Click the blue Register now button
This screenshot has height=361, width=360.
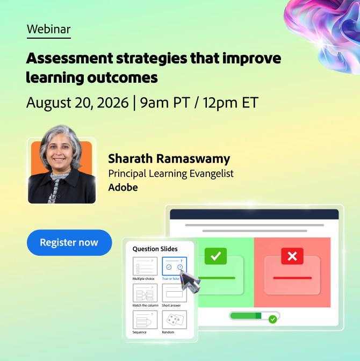click(69, 242)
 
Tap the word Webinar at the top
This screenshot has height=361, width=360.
click(48, 29)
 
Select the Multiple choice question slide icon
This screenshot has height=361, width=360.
click(145, 266)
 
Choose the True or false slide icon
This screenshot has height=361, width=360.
click(174, 266)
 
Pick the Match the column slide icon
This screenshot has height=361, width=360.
click(145, 293)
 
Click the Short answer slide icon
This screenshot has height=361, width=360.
click(174, 293)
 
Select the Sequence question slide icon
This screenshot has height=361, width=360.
click(145, 320)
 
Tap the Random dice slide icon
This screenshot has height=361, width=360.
click(174, 320)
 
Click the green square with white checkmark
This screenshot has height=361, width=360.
click(215, 256)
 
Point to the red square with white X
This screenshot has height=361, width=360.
click(292, 256)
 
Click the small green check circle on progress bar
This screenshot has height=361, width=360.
click(273, 319)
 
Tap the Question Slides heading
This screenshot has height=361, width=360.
click(155, 249)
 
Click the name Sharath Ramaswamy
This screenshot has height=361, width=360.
click(169, 159)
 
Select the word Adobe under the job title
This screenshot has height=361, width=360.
click(123, 187)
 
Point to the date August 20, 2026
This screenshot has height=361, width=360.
click(77, 103)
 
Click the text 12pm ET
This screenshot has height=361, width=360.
click(231, 103)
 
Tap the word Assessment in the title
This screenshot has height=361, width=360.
click(69, 58)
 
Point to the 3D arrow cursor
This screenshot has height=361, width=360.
click(190, 281)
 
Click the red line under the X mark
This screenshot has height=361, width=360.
click(292, 278)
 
